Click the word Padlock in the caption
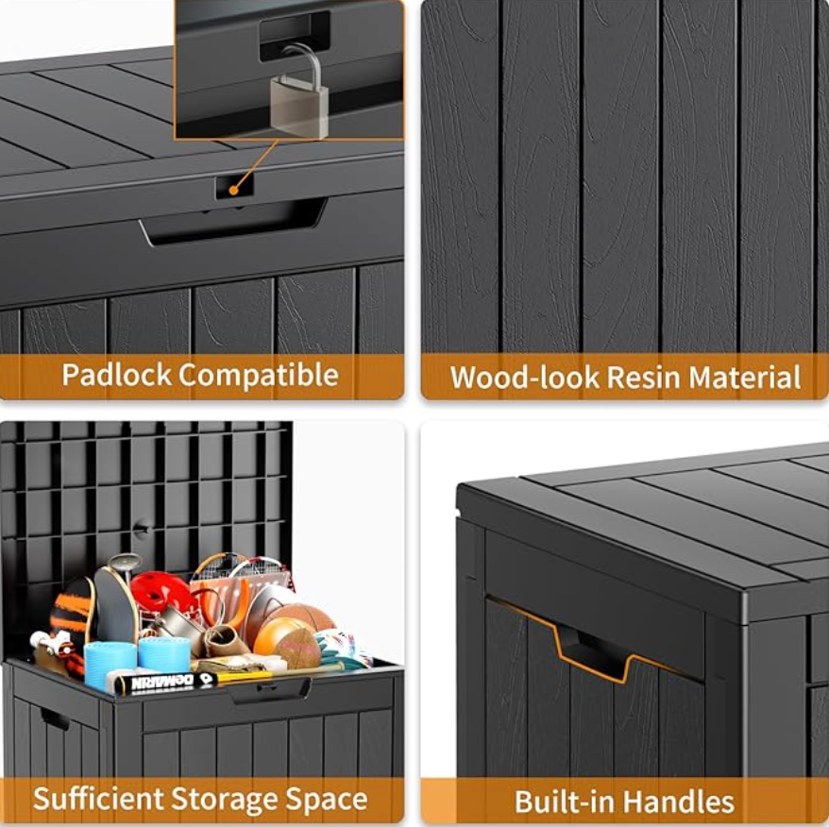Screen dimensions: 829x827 [116, 375]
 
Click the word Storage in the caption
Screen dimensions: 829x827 [224, 800]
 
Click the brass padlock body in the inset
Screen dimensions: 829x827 [299, 106]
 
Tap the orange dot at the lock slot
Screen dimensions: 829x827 [233, 190]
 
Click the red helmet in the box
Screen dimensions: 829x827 [161, 592]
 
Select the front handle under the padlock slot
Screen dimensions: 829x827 [233, 222]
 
